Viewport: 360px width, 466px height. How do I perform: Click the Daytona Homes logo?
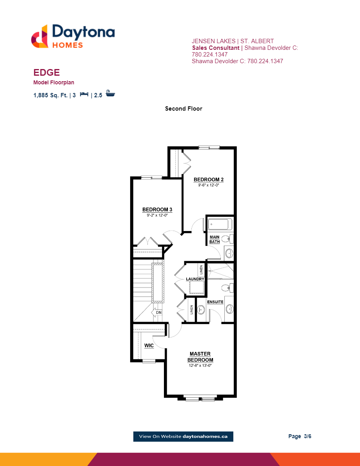point(73,36)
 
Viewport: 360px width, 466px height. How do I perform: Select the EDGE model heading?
point(46,73)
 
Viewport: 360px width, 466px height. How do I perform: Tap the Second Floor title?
point(184,109)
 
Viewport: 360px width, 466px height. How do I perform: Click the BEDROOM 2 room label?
point(208,180)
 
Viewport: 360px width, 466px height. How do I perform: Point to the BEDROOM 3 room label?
point(157,209)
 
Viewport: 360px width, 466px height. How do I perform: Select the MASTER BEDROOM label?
point(200,357)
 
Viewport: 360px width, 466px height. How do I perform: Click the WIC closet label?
point(149,346)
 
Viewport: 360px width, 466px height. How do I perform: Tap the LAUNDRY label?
point(195,279)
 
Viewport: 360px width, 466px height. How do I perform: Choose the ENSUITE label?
point(215,302)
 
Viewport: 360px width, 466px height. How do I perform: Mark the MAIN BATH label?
point(215,239)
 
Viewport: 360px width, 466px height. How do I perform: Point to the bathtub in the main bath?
point(220,225)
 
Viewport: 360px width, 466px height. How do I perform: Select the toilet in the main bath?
point(227,238)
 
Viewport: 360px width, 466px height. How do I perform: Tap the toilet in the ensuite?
point(227,288)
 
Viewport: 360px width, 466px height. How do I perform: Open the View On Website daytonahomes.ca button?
point(183,437)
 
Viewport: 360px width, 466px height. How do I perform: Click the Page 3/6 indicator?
point(300,436)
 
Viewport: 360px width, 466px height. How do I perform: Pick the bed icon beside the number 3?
point(84,95)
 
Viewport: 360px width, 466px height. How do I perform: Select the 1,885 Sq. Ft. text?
point(51,95)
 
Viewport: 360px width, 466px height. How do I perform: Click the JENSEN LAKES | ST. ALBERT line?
point(233,41)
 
